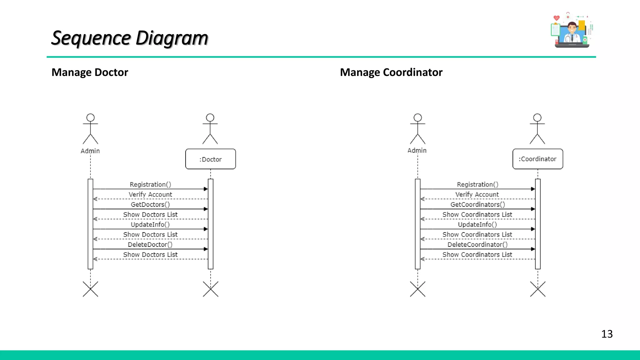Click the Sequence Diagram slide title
130,38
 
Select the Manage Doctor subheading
90,72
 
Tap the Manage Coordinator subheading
391,72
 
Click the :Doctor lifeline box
210,159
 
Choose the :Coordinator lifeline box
537,159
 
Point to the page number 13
607,334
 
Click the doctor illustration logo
571,31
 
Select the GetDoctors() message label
150,204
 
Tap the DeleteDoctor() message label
150,244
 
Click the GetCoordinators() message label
477,204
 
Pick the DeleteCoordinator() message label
477,244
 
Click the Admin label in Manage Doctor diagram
90,151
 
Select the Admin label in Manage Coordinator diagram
417,150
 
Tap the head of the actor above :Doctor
210,117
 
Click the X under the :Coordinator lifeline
537,289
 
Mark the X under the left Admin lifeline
90,289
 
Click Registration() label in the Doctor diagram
150,184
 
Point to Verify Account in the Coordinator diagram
477,194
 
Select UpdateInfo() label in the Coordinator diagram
477,224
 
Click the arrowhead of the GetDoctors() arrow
206,209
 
